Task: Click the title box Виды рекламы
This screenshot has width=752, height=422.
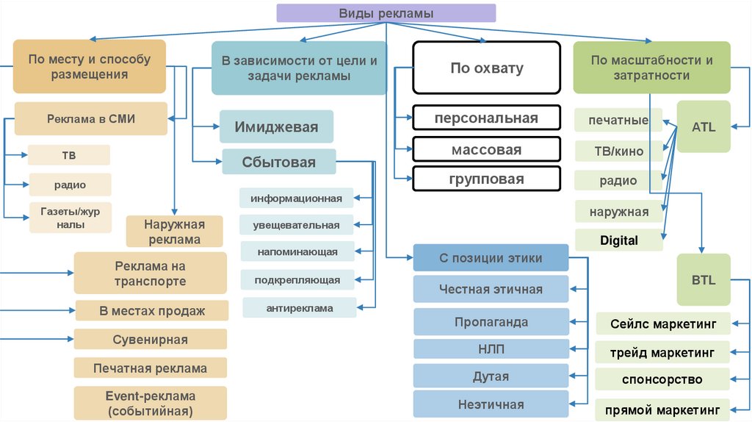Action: [386, 13]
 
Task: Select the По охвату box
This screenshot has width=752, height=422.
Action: [486, 68]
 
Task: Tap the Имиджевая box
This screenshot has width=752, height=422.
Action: [276, 126]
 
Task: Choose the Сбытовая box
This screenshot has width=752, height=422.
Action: [279, 162]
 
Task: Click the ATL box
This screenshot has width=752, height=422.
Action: [703, 126]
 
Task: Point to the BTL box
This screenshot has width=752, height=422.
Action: [703, 280]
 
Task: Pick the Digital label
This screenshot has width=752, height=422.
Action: [618, 240]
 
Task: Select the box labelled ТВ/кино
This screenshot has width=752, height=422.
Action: [618, 151]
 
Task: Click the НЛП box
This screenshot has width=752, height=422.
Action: [491, 348]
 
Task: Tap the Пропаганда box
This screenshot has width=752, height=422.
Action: [491, 322]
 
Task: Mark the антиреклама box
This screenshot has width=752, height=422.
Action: [299, 308]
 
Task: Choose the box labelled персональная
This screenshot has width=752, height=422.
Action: [485, 118]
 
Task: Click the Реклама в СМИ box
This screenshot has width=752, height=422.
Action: [91, 118]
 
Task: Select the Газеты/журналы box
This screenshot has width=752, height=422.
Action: [70, 218]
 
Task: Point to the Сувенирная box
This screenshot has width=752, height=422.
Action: [150, 340]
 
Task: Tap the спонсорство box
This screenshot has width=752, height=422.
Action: [662, 379]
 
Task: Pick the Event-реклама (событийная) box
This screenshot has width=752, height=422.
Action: [150, 403]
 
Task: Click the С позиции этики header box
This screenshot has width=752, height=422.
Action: [491, 258]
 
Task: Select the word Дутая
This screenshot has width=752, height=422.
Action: [491, 376]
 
